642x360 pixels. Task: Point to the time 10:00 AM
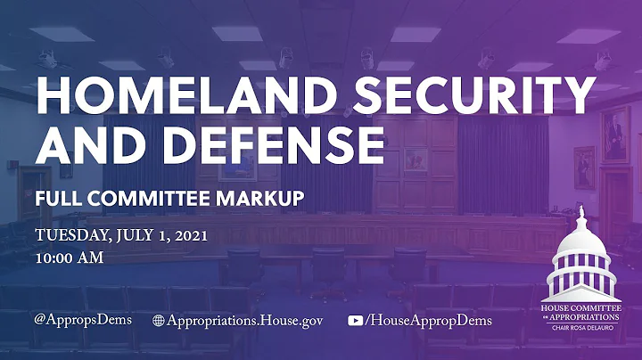point(70,258)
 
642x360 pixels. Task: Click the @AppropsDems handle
point(84,320)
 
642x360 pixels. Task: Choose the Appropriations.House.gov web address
point(245,320)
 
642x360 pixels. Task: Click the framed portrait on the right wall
point(615,134)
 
